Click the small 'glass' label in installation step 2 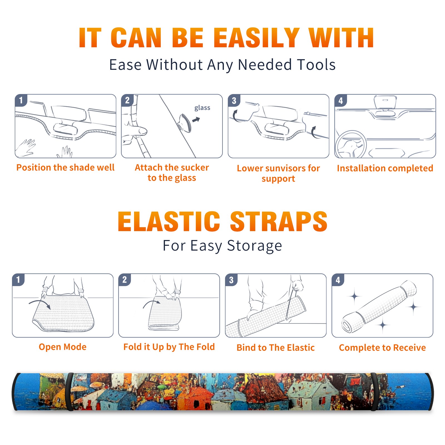tap(202, 108)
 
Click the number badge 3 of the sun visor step tap(234, 100)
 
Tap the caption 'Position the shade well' tap(65, 167)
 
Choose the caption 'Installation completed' tap(385, 168)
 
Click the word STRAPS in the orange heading tap(279, 221)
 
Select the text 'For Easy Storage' tap(222, 246)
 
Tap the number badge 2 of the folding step tap(124, 280)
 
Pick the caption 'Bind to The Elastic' tap(275, 348)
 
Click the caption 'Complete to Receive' tap(382, 348)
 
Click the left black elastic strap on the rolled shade tap(70, 392)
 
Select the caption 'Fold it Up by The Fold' tap(169, 347)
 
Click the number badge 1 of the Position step tap(21, 100)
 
